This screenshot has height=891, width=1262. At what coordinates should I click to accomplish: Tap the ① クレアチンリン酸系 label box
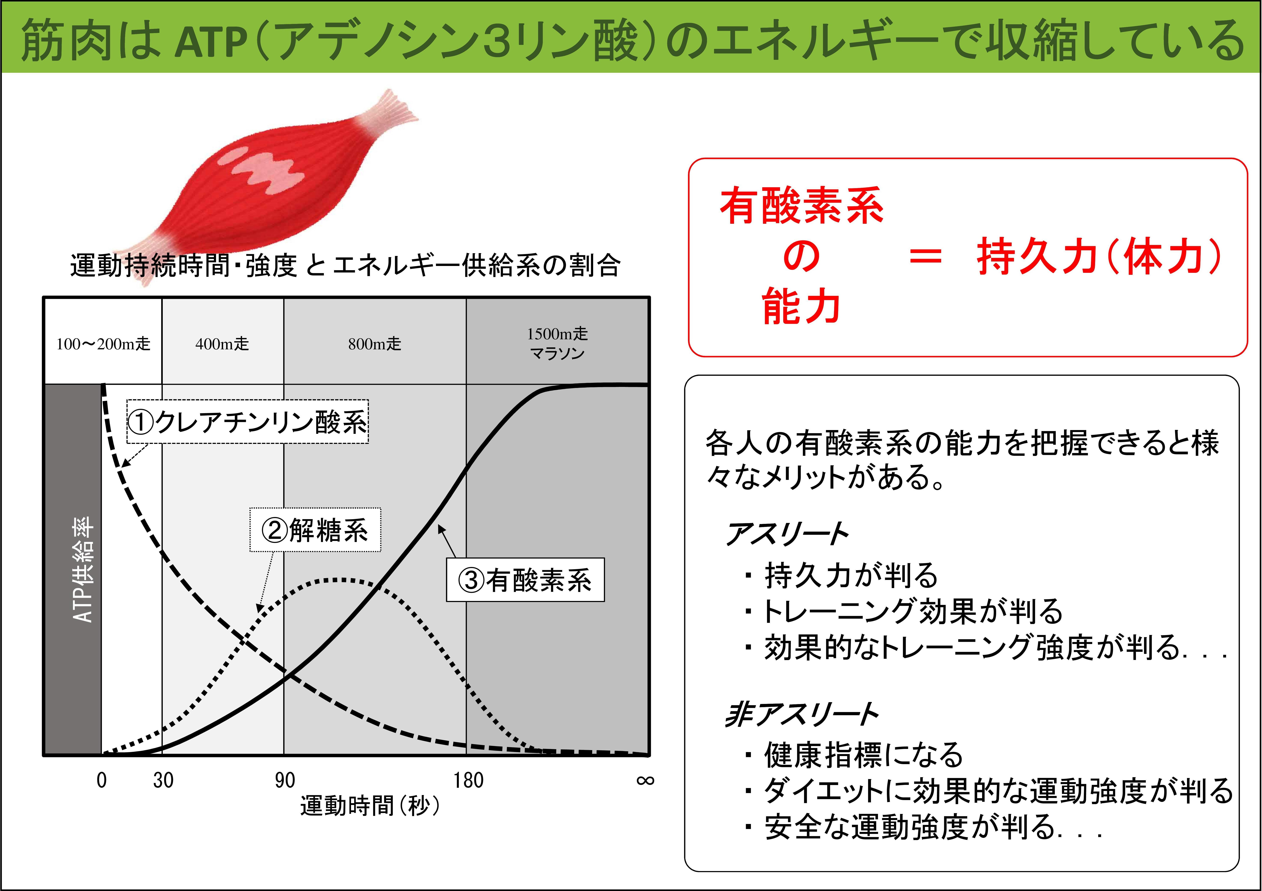pyautogui.click(x=247, y=421)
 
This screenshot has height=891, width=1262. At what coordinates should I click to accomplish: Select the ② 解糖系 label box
pyautogui.click(x=315, y=530)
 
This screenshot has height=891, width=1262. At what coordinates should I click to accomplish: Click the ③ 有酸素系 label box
pyautogui.click(x=525, y=580)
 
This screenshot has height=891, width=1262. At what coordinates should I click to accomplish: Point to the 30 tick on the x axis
pyautogui.click(x=163, y=780)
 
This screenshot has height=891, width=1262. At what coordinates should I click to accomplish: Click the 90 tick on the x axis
pyautogui.click(x=285, y=780)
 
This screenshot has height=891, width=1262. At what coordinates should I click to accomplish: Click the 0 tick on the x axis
pyautogui.click(x=102, y=780)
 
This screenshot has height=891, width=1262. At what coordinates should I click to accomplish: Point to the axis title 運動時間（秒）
pyautogui.click(x=370, y=806)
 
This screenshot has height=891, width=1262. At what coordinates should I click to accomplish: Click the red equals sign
pyautogui.click(x=926, y=256)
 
